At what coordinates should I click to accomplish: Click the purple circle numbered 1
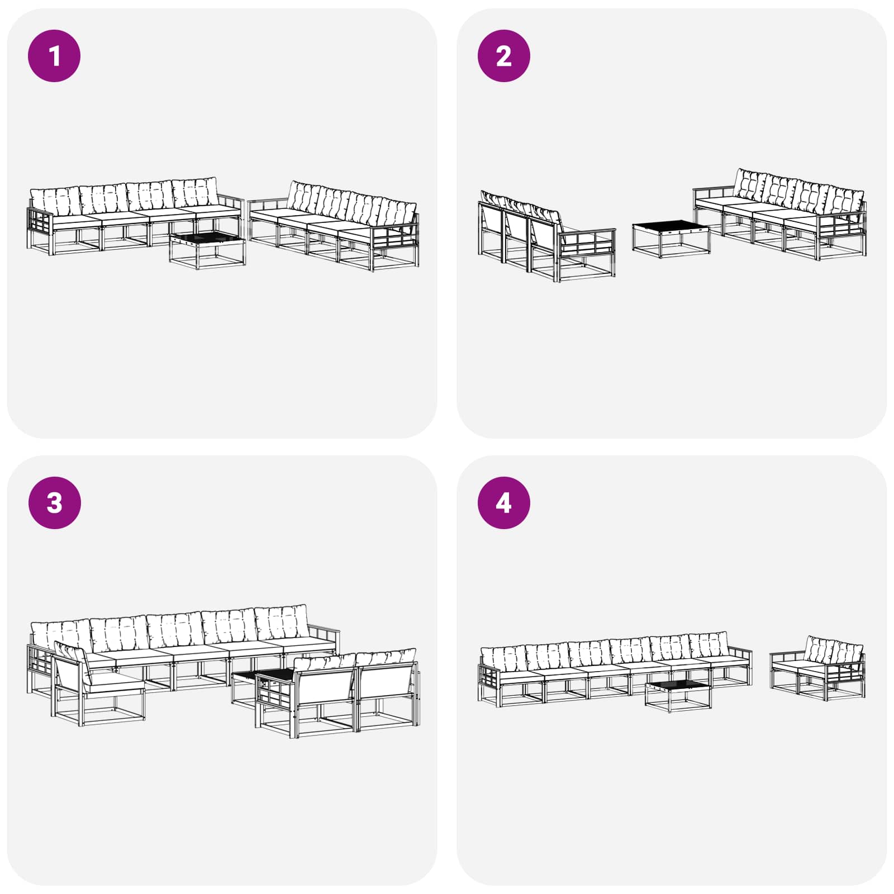54,56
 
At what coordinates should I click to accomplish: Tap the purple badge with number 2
503,56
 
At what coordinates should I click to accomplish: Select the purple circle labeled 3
54,502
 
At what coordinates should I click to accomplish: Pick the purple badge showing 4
503,502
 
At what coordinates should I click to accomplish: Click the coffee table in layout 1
207,250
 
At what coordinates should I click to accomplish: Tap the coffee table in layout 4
678,696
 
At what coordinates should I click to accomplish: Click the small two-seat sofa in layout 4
817,669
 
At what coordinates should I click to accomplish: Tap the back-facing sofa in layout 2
546,236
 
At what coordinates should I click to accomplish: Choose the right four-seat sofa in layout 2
780,215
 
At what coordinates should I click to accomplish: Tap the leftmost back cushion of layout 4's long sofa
503,658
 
